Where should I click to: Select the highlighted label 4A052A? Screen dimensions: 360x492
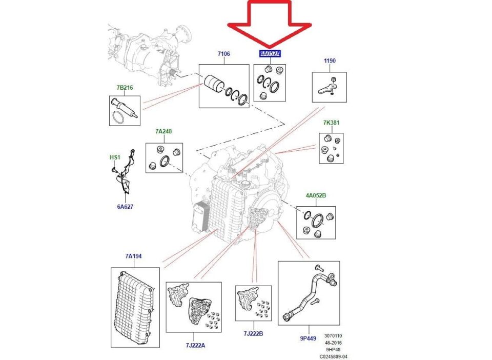click(270, 54)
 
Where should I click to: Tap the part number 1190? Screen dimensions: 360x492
click(330, 61)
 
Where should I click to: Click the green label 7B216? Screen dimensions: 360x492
click(124, 88)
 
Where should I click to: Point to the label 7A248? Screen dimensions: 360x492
click(163, 131)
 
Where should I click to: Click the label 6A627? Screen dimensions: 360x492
click(126, 207)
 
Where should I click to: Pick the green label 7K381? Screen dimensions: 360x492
click(331, 123)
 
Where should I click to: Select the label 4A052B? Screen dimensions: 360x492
click(316, 195)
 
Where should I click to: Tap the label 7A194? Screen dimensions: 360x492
click(134, 256)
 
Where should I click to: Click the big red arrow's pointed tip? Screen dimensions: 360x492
click(270, 47)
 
